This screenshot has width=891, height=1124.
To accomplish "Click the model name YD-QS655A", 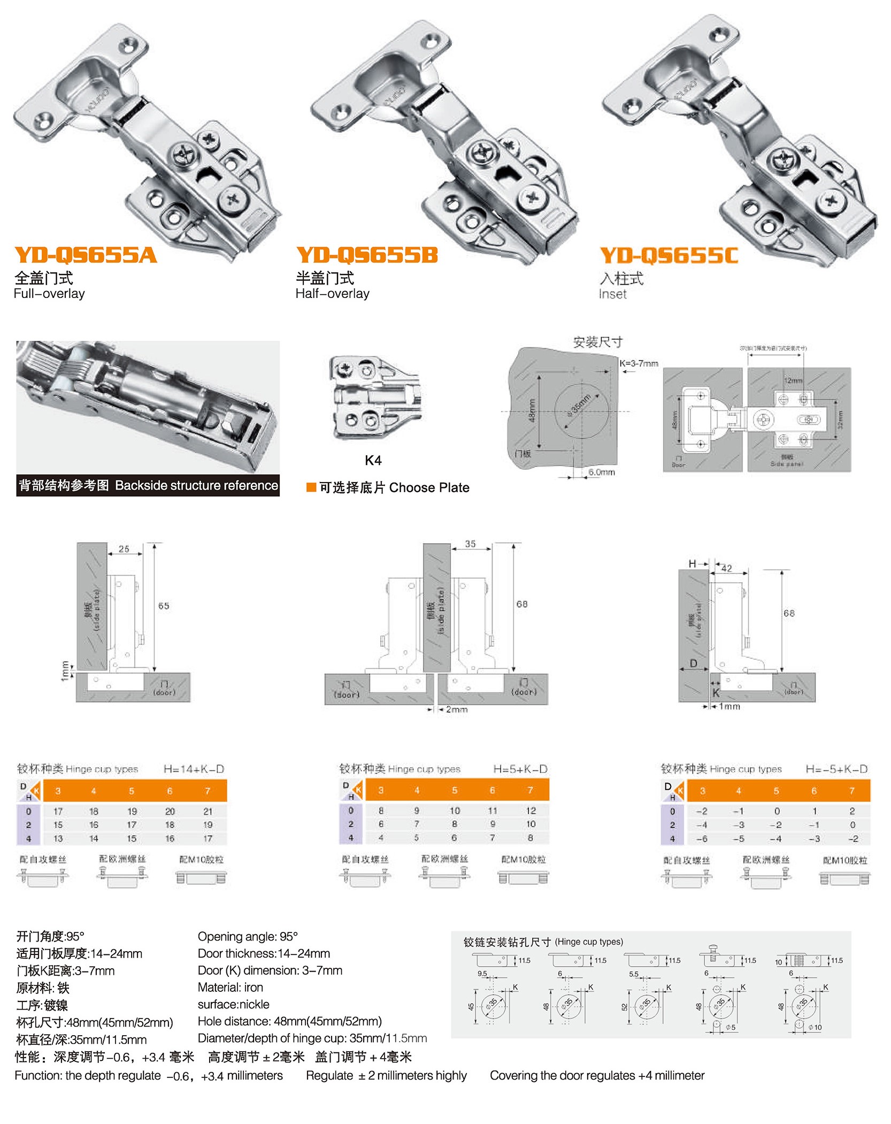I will (x=86, y=255).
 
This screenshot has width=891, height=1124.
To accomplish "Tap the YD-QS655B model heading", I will (x=367, y=255).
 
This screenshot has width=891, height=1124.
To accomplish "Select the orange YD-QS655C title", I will (x=669, y=256).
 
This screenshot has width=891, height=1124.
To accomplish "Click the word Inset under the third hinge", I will (x=612, y=294).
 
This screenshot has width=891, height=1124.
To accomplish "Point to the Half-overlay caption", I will (x=332, y=293).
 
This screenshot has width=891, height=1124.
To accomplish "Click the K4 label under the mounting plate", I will (x=373, y=460).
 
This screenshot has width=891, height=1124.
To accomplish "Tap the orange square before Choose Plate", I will (x=311, y=487).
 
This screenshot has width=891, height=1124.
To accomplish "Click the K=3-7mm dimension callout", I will (x=639, y=363).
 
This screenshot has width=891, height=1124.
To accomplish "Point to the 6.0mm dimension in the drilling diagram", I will (x=602, y=472).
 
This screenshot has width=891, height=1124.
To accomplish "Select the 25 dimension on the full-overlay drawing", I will (x=124, y=549).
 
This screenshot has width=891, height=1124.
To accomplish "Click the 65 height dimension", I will (x=164, y=606).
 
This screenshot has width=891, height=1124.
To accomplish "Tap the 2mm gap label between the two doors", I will (x=457, y=709).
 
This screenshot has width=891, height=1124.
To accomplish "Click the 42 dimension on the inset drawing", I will (x=726, y=568).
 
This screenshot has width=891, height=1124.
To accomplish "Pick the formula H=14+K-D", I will (x=194, y=769).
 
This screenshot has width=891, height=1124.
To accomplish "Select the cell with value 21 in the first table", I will (x=208, y=811).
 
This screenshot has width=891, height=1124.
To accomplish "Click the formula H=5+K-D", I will (x=520, y=769).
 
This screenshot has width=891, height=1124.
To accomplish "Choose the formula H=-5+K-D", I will (x=836, y=769).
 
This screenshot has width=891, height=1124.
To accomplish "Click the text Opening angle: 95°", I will (x=248, y=936).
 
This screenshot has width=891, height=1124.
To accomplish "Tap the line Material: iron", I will (x=230, y=987).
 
